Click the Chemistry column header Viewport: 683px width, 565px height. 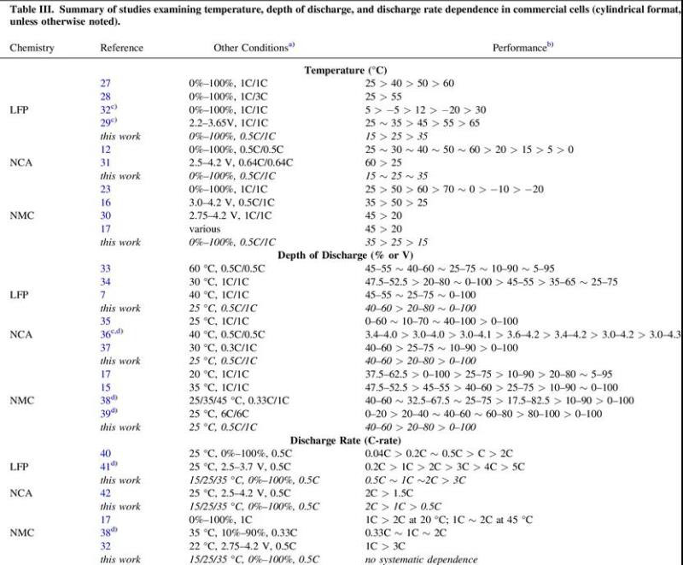coord(32,48)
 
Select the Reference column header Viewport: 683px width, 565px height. coord(120,48)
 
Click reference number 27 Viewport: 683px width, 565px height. coord(106,83)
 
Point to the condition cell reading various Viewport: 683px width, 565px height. coord(205,229)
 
